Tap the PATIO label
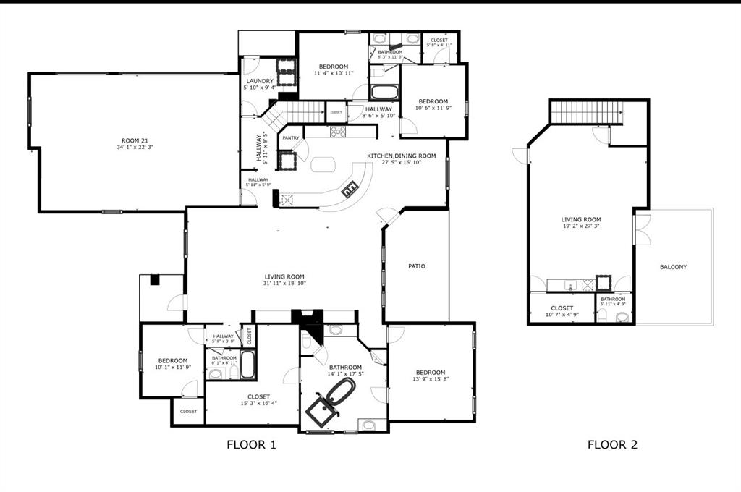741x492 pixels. [x=417, y=266]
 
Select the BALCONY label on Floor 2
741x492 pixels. [x=673, y=267]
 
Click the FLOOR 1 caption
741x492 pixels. [x=251, y=445]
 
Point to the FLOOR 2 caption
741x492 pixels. [x=612, y=445]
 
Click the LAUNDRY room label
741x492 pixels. [x=259, y=81]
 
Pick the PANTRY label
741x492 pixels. [x=291, y=137]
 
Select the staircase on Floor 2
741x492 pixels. [x=586, y=112]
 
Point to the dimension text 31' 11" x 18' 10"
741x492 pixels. [x=284, y=284]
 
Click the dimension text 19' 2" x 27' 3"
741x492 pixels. [x=581, y=226]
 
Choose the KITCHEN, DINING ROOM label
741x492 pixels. [x=401, y=156]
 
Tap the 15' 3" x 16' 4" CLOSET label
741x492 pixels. [x=258, y=396]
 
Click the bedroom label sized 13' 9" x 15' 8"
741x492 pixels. [x=430, y=373]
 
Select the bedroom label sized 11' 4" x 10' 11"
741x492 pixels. [x=334, y=67]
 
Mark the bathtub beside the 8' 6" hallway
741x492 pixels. [x=384, y=93]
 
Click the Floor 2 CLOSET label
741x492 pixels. [x=562, y=308]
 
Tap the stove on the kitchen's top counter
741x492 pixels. [x=338, y=132]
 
